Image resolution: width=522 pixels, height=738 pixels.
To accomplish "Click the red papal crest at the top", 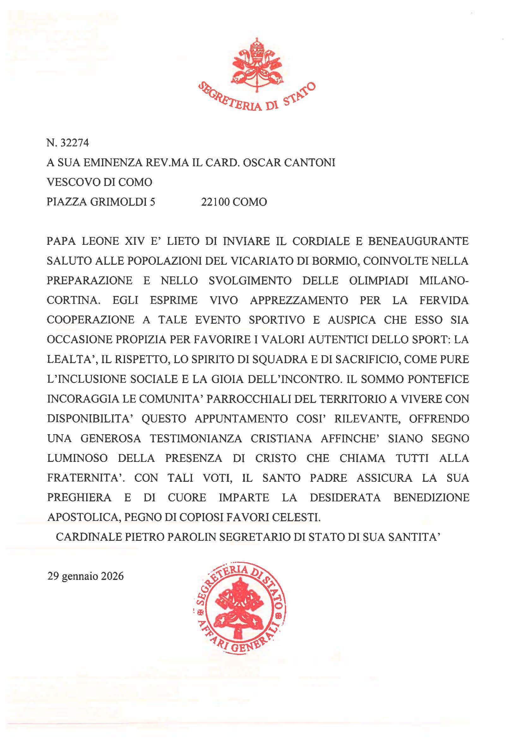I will pyautogui.click(x=256, y=64).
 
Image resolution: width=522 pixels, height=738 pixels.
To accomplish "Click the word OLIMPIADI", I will pyautogui.click(x=379, y=280).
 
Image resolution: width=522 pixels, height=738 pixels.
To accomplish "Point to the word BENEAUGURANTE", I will pyautogui.click(x=418, y=241).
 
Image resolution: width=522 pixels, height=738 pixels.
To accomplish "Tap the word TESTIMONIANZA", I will pyautogui.click(x=196, y=439).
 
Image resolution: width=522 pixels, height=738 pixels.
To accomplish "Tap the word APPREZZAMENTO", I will pyautogui.click(x=299, y=300).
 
